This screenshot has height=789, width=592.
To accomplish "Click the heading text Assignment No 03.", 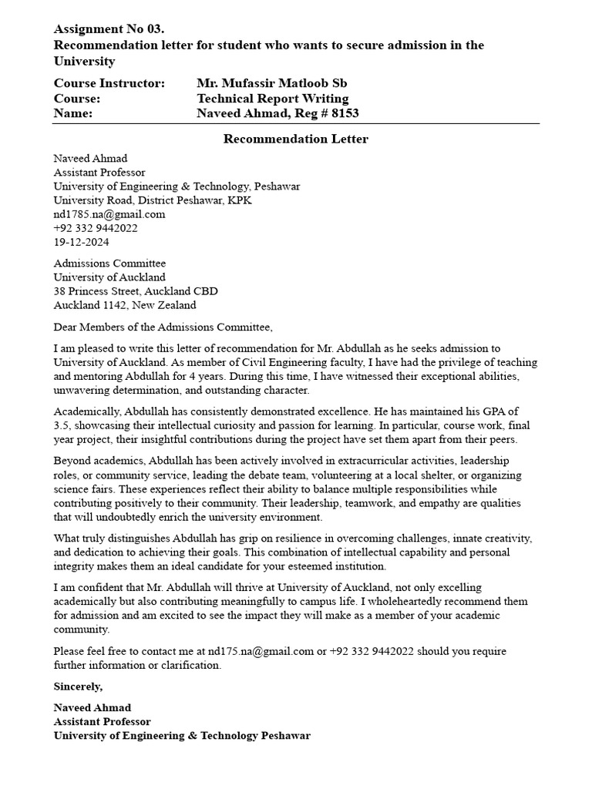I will click(x=109, y=29).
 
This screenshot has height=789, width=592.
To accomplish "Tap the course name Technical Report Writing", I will click(x=273, y=99).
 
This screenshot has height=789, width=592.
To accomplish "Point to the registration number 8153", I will click(x=345, y=114).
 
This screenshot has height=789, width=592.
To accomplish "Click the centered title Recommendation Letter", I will click(x=296, y=139).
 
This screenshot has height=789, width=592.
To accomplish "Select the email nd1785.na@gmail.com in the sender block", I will click(x=109, y=214).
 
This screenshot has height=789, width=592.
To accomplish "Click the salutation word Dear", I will click(x=66, y=327).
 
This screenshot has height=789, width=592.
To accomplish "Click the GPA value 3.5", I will click(x=61, y=425).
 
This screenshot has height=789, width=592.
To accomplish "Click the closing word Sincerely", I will click(x=77, y=686).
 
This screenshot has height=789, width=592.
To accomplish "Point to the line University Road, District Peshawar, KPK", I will click(x=153, y=200).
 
